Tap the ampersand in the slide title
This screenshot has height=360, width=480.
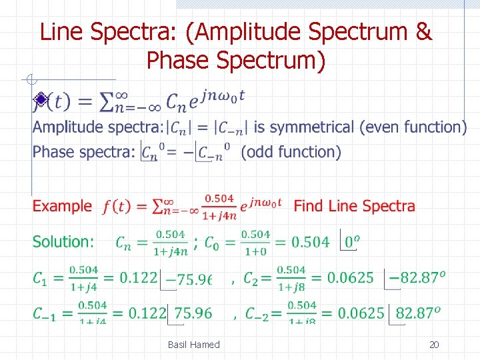pyautogui.click(x=423, y=31)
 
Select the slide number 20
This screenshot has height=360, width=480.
pyautogui.click(x=434, y=345)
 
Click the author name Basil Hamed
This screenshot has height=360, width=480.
pyautogui.click(x=193, y=345)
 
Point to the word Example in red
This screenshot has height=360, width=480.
pyautogui.click(x=62, y=206)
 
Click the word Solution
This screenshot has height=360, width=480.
pyautogui.click(x=63, y=242)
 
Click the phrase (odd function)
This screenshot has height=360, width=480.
pyautogui.click(x=291, y=152)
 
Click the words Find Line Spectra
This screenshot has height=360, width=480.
pyautogui.click(x=354, y=206)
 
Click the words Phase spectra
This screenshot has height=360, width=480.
pyautogui.click(x=84, y=152)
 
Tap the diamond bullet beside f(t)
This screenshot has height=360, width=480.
pyautogui.click(x=41, y=100)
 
